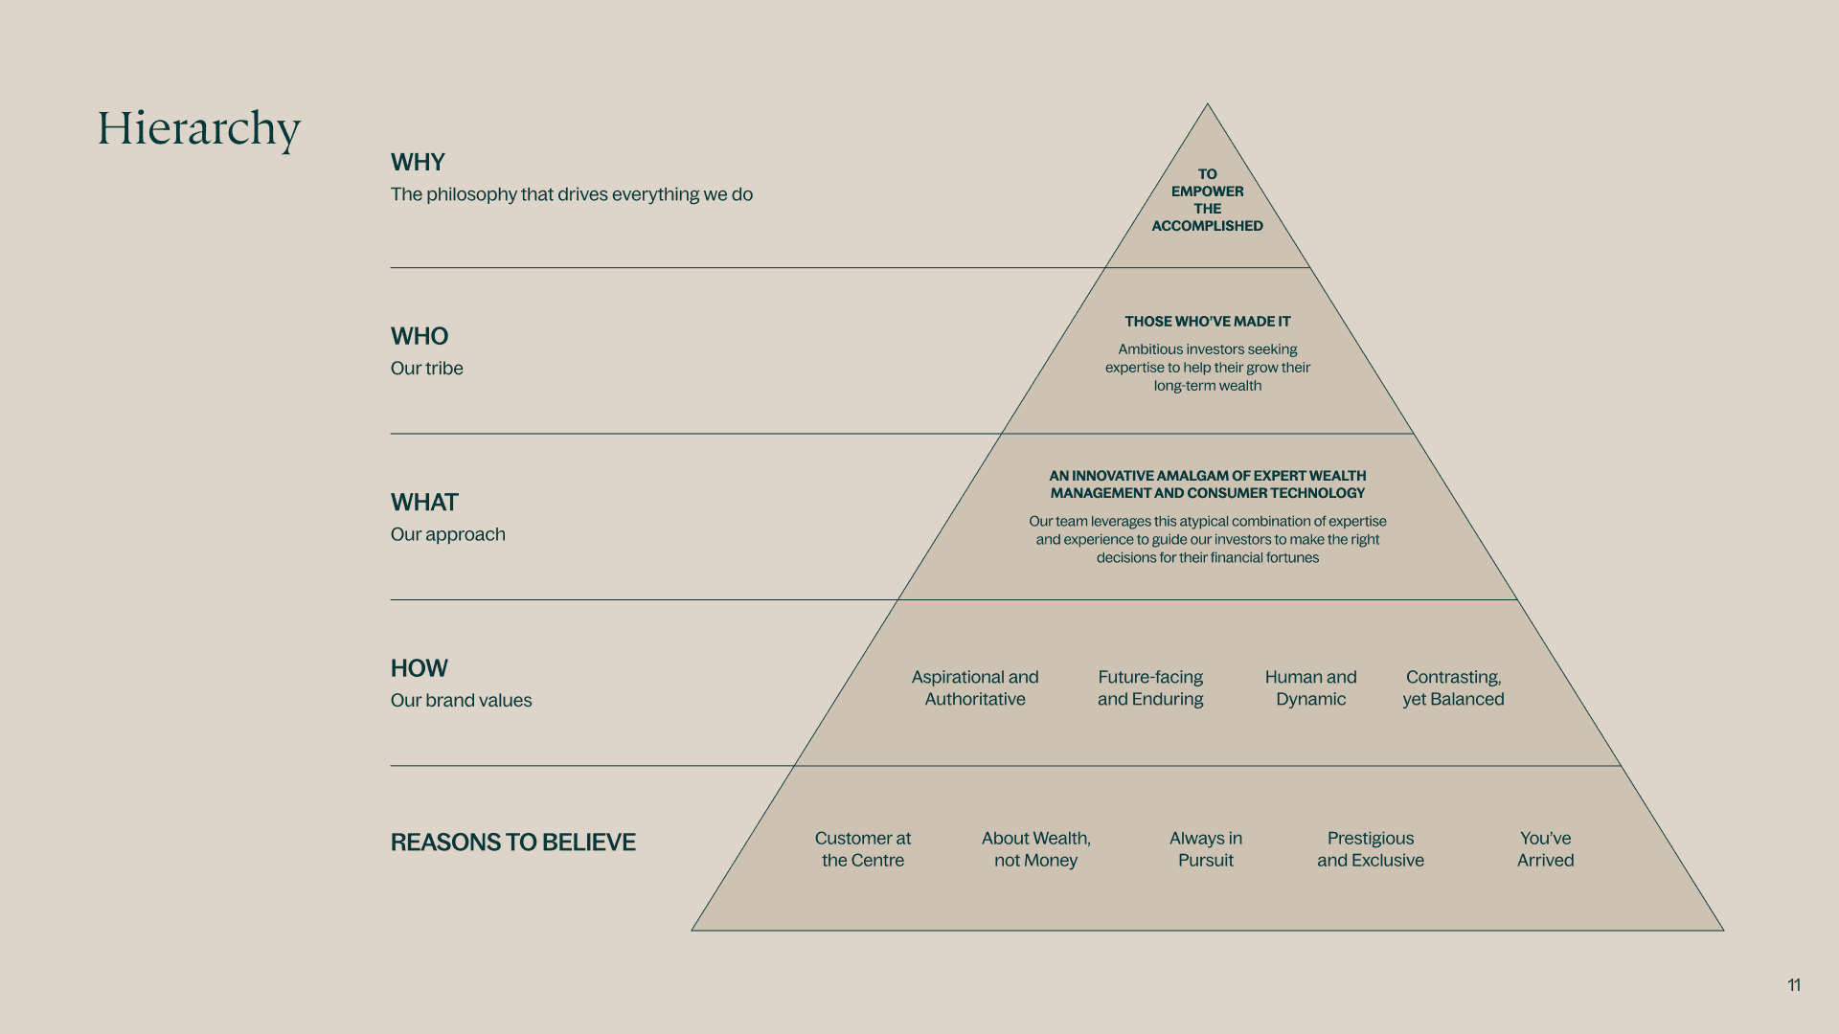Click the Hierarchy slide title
[199, 128]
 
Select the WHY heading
[418, 162]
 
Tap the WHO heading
[420, 336]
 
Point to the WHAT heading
[424, 503]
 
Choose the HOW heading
[420, 668]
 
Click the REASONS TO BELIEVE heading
[512, 843]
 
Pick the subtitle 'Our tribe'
[426, 369]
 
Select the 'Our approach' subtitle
[447, 534]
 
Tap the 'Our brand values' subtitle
[461, 701]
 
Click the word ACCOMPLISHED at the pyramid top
[1207, 226]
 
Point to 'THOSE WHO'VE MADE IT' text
[1207, 322]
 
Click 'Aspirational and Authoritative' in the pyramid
[975, 688]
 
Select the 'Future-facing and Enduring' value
[1150, 688]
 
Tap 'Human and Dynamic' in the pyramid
[1310, 688]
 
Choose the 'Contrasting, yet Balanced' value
[1453, 688]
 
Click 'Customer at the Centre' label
[863, 849]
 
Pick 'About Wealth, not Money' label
[1035, 849]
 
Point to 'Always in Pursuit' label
[1206, 849]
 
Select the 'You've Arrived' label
[1545, 849]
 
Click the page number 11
[1794, 985]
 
